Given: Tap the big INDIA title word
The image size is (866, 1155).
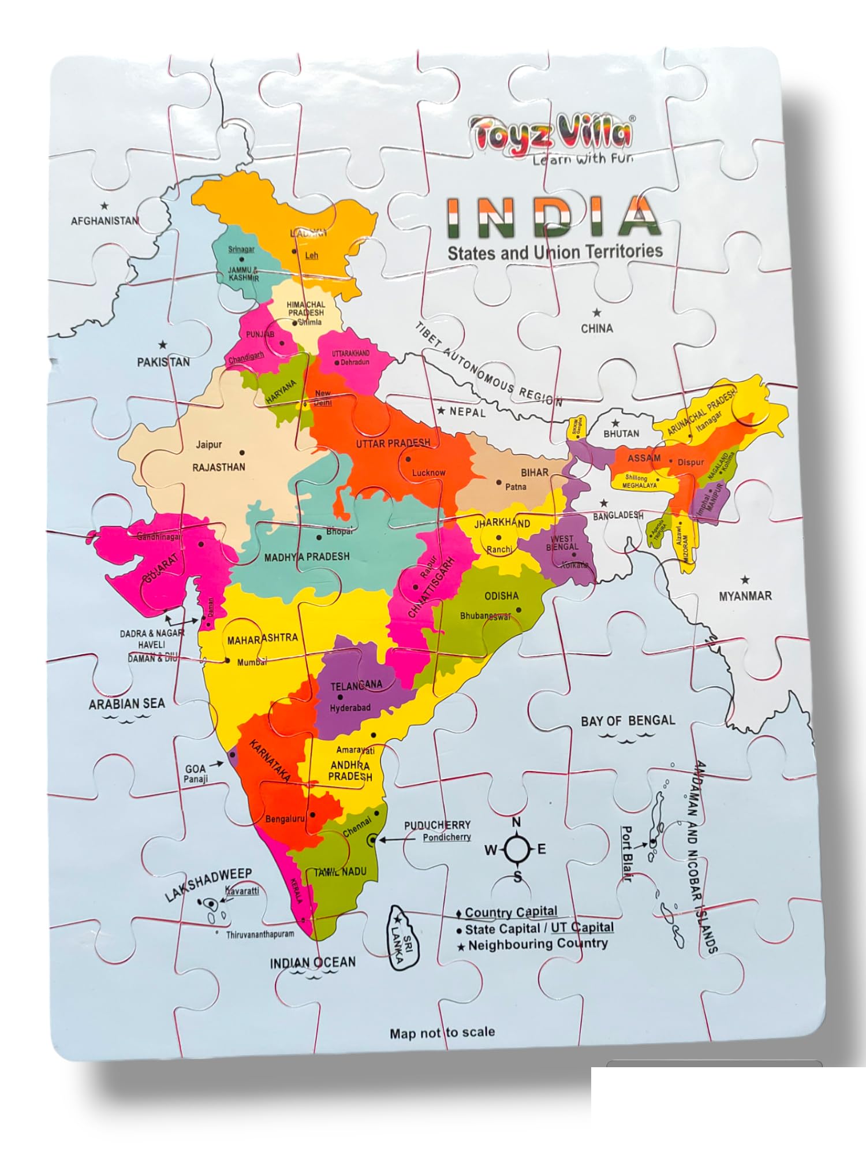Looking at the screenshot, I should pos(553,218).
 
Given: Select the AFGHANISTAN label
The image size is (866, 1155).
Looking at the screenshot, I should pos(104,221).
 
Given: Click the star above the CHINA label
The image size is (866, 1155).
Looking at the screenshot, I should pos(597,313).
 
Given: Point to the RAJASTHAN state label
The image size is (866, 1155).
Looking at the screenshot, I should pos(219,467).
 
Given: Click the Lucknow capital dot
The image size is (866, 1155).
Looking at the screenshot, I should pos(408,459).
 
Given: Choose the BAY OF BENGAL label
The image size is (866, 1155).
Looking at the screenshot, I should pos(628,720).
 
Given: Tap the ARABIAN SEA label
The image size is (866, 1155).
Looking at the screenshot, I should pos(126,704).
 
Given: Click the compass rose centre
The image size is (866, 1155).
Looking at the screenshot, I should pos(517,850).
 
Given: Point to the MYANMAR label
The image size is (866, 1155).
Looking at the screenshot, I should pos(745,595).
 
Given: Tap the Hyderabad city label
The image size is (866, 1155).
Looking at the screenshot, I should pos(350,708).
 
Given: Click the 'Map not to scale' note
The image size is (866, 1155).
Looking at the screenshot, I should pos(442,1032).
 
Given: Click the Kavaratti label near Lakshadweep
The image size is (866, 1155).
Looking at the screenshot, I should pos(242,891).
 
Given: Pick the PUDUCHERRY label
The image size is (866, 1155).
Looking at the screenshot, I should pos(437,825).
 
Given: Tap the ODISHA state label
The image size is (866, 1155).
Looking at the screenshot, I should pos(501,595).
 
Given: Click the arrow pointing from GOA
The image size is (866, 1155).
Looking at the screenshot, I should pos(216,764).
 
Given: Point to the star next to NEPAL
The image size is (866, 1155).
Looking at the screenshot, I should pos(441,411).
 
